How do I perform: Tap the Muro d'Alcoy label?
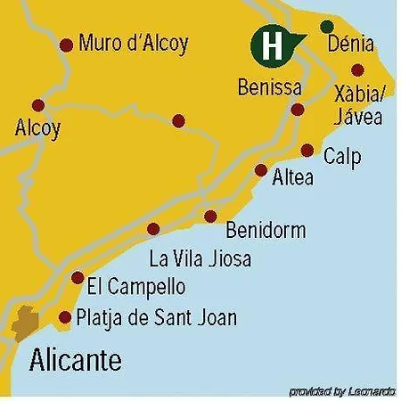coord(134,43)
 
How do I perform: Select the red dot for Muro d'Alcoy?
coord(65,45)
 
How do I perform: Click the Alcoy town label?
coord(38,128)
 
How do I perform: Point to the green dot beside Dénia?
coord(327,27)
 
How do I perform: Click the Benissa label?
coord(270,88)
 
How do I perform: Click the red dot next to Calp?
coord(307,151)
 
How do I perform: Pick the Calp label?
coord(342,157)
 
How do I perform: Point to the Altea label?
coord(293,177)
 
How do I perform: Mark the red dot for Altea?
coord(260,170)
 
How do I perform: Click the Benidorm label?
coord(266,231)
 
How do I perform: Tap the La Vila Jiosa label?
coord(200,259)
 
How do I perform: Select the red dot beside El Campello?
coord(78,277)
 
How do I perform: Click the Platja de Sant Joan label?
coord(157,317)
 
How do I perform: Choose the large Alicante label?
coord(76,361)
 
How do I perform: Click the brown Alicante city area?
coord(24,323)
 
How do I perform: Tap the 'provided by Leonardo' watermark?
coord(342,391)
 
